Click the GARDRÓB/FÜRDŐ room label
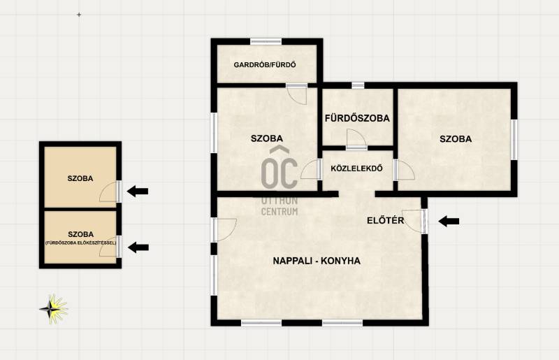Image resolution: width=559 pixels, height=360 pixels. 265,65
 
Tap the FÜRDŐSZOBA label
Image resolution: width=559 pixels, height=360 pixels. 357,118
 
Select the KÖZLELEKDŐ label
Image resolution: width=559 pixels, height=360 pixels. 357,168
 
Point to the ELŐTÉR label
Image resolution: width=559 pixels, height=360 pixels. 386,220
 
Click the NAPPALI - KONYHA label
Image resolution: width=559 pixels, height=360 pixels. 317,261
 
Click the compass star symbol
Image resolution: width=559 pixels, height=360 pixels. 54,309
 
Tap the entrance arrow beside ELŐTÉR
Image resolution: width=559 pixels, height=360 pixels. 449,221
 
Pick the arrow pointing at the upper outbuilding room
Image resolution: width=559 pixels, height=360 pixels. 138,192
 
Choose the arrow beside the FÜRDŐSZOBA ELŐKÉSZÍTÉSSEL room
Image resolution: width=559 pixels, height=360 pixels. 138,247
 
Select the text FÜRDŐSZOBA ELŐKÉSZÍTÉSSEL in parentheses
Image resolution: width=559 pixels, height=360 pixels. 80,243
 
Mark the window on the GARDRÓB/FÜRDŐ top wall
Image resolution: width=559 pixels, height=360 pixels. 266,42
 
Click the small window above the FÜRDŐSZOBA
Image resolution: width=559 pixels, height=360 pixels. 358,85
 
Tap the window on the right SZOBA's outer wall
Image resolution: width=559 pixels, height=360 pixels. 514,140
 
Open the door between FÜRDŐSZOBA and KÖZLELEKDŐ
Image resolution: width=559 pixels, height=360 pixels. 356,140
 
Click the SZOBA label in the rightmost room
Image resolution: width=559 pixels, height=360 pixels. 456,139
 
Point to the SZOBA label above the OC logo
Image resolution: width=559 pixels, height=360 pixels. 267,138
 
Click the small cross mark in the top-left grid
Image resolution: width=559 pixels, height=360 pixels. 79,15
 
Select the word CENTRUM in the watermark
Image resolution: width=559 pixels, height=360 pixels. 279,212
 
